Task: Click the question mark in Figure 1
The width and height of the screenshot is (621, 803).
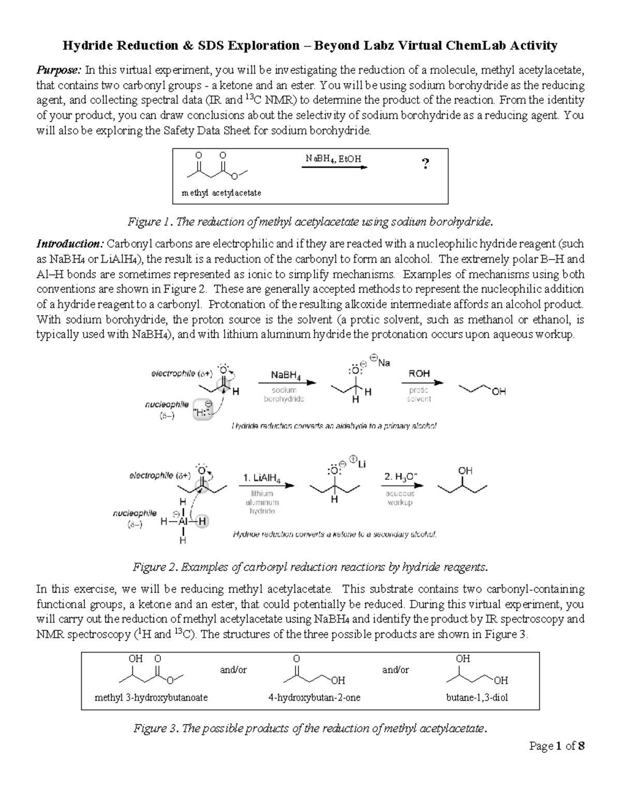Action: (425, 164)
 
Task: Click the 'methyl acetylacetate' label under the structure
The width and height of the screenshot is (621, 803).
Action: (221, 193)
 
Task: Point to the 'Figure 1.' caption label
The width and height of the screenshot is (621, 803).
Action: (151, 222)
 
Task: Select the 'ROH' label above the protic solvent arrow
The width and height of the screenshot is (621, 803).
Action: (419, 373)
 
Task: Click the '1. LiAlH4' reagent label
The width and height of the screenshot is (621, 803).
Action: (262, 479)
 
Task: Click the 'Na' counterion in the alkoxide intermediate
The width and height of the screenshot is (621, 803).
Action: (383, 363)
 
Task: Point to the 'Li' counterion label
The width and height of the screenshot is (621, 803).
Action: (361, 464)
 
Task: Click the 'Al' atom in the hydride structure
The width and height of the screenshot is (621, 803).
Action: (182, 522)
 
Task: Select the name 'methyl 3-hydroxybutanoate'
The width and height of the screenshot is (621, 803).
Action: (151, 698)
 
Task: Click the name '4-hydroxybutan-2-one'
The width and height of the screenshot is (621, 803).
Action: (315, 698)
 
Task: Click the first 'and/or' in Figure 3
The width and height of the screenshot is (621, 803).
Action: (233, 670)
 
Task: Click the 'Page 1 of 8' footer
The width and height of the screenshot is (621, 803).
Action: (557, 746)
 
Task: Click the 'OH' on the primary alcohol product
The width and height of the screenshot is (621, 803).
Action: (498, 392)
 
